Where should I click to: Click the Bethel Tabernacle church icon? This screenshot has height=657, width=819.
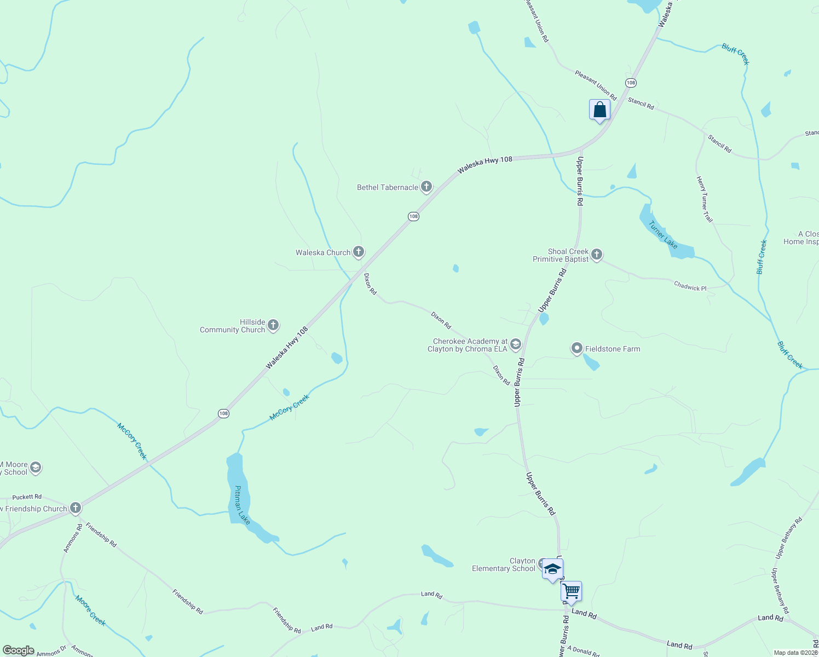pos(426,187)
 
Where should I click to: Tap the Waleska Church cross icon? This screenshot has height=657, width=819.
pos(359,252)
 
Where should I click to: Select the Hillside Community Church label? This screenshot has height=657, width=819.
pos(233,326)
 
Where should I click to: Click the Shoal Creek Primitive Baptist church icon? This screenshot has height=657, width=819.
pos(597,255)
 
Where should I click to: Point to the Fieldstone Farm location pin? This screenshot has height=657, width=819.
pos(576,348)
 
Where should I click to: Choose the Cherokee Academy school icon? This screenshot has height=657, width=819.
pos(515,344)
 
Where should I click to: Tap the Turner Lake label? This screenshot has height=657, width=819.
pos(663,234)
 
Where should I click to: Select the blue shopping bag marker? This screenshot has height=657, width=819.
pos(599,110)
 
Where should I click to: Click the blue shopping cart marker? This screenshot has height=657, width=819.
pos(571,591)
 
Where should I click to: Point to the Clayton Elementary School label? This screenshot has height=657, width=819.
pos(504,565)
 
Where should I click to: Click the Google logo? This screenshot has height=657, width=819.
pos(19,650)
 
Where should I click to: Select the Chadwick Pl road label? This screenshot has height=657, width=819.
pos(690,286)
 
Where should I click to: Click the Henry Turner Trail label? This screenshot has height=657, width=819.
pos(705,199)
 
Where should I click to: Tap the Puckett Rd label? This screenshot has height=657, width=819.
pos(27,497)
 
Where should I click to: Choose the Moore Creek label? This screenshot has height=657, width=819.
pos(90,610)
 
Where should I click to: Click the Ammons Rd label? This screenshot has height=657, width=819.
pos(73,538)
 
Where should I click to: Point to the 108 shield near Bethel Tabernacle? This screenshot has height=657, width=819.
pos(413,216)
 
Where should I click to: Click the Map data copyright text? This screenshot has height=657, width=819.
pos(795,653)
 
